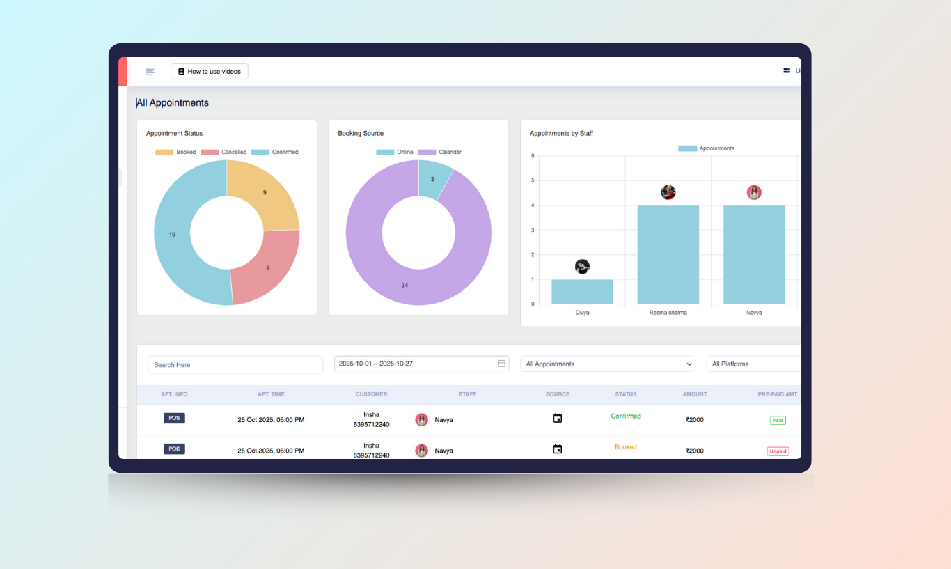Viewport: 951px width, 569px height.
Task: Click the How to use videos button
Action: pos(209,72)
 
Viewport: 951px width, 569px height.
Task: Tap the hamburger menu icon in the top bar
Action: pos(150,72)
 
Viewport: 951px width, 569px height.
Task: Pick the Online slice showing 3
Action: pos(433,179)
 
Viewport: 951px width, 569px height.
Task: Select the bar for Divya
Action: pos(582,292)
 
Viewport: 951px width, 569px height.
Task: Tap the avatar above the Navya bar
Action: pos(754,193)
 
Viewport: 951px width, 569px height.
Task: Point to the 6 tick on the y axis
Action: pos(533,156)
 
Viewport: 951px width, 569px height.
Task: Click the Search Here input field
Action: pos(235,365)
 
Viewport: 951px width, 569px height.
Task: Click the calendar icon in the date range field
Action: pos(501,364)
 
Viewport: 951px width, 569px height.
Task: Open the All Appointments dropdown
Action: pos(607,364)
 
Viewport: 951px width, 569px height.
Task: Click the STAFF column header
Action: pos(467,394)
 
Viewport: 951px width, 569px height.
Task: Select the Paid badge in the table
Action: pos(777,421)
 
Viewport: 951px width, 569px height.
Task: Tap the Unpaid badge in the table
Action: pos(778,451)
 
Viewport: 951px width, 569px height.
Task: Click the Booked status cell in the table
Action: pos(625,447)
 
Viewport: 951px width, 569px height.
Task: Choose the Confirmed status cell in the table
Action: pos(625,416)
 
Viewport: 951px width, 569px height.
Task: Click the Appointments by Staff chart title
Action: pos(561,133)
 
